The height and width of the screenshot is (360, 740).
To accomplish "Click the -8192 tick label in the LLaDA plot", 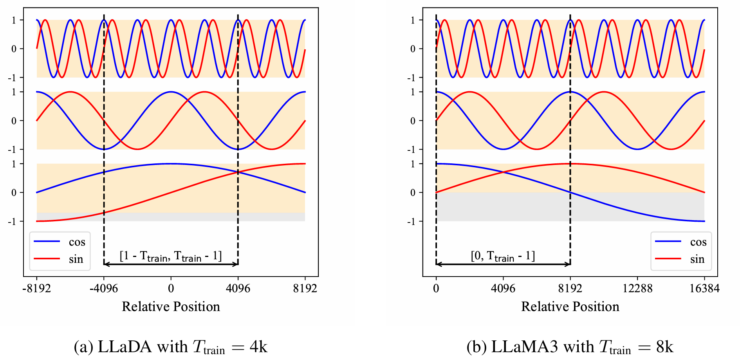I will [36, 289].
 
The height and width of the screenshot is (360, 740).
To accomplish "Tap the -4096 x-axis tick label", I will [104, 289].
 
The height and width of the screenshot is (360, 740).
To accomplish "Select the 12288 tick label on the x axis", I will [637, 289].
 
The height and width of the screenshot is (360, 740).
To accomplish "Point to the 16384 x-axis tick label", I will [704, 289].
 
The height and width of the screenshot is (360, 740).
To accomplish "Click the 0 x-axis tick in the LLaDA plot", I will [171, 289].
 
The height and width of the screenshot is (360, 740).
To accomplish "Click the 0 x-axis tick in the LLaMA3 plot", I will [436, 289].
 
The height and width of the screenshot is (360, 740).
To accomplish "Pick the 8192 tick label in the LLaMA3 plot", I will [570, 289].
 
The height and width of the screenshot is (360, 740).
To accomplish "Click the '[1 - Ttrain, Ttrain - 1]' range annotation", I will [171, 256].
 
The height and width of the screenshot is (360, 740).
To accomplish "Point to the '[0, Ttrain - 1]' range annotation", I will [503, 256].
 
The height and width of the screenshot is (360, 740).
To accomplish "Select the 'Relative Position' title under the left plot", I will [171, 306].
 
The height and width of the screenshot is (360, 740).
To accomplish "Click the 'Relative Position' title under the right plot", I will [570, 306].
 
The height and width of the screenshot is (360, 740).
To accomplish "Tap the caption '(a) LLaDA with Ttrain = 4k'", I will [171, 347].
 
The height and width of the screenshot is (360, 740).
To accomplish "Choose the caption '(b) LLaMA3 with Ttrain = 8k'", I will [570, 347].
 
